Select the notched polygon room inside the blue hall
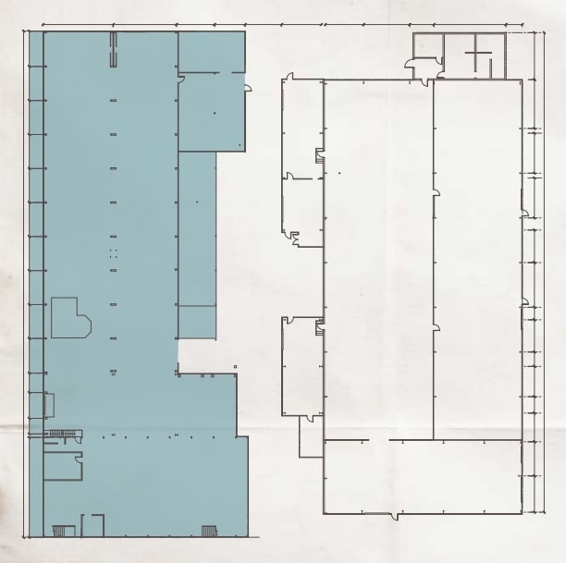[x=69, y=318]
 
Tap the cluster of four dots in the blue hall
[x=114, y=251]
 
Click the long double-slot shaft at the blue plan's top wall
[x=114, y=49]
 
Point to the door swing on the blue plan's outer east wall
[x=248, y=88]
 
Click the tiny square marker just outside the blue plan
[x=236, y=367]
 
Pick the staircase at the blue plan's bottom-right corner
[x=210, y=531]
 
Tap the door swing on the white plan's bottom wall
[x=399, y=516]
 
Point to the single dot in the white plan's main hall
[x=339, y=173]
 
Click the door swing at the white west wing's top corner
[x=289, y=77]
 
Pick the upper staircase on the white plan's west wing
[x=320, y=155]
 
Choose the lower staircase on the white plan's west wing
[x=319, y=327]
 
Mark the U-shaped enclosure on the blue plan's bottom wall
[x=92, y=525]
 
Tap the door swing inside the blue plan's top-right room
[x=181, y=80]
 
